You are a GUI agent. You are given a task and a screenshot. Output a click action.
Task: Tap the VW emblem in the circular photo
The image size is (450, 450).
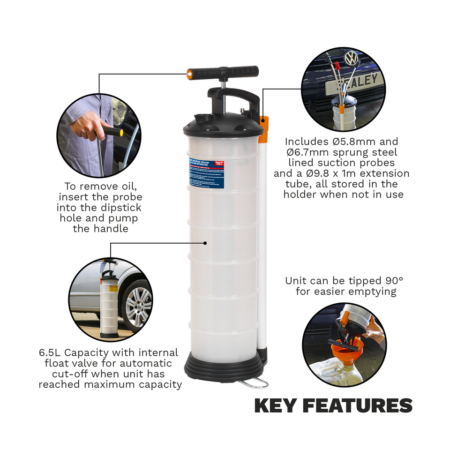click(x=351, y=59)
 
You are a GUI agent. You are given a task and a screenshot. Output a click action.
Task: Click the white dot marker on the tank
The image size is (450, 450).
click(x=205, y=243)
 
